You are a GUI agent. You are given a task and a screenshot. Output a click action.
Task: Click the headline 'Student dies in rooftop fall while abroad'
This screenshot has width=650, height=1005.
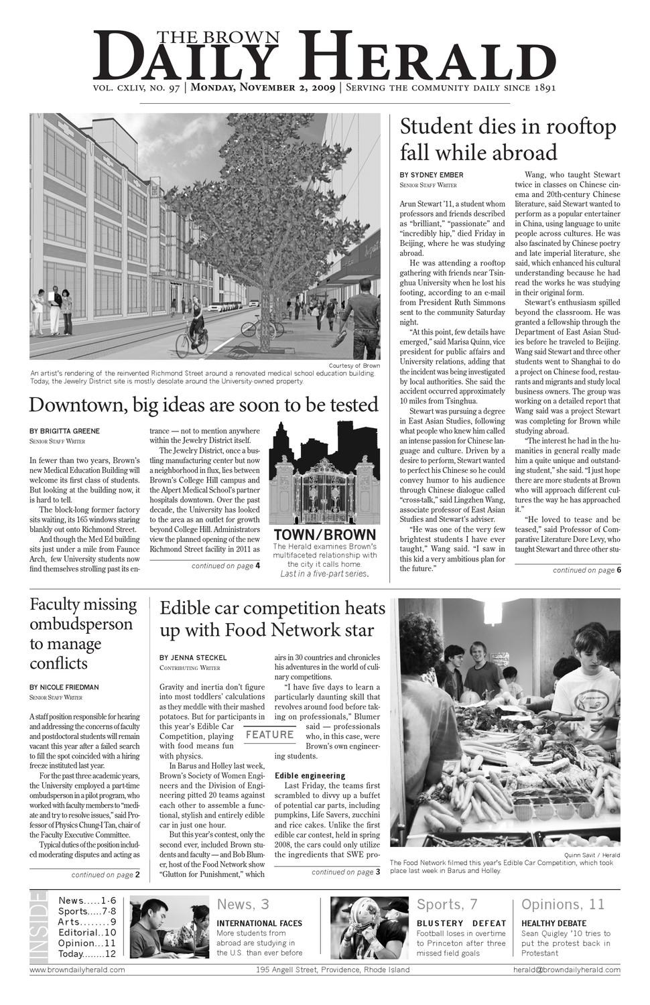click(508, 139)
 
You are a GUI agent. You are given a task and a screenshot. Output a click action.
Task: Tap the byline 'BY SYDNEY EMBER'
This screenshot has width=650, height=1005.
click(432, 176)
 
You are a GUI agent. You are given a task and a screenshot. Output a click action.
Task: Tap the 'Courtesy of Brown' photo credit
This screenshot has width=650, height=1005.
click(354, 365)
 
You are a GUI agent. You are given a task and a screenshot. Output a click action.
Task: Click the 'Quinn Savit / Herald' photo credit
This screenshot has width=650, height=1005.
click(592, 856)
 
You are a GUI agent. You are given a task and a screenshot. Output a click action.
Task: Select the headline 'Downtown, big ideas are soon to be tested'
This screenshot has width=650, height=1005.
click(204, 405)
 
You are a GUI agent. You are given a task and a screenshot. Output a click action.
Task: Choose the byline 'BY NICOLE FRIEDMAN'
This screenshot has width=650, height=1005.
click(64, 687)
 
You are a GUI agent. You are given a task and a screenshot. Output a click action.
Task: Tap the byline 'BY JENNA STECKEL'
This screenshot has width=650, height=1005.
click(193, 658)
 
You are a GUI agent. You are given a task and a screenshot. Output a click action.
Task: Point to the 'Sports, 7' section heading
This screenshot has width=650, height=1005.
click(447, 905)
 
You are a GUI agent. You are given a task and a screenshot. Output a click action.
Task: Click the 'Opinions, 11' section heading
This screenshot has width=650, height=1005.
click(563, 905)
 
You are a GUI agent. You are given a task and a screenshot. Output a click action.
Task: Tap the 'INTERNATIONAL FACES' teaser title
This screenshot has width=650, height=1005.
click(259, 923)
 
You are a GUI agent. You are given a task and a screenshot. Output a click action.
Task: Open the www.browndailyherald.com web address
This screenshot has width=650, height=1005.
click(77, 969)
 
